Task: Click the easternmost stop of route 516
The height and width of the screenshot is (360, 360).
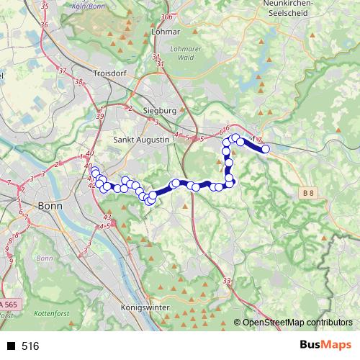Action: point(265,149)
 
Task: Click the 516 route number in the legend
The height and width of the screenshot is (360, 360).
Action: point(30,346)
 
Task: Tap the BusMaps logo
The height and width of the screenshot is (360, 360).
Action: point(325,346)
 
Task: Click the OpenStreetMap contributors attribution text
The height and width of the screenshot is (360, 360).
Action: point(297,323)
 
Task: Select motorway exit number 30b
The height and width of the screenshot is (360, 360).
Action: point(167,16)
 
